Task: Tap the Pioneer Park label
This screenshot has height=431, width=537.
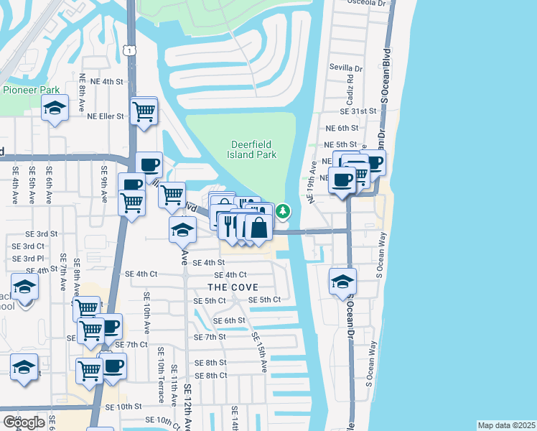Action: click(31, 90)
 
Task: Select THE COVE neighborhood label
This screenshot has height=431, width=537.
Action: click(234, 287)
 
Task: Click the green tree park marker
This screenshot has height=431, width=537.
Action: click(284, 211)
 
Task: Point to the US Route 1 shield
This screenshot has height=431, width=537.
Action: click(128, 50)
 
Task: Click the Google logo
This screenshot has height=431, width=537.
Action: click(23, 422)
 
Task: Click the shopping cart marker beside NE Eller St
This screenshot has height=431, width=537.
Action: click(144, 112)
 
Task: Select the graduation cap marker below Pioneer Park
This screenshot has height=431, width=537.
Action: click(55, 109)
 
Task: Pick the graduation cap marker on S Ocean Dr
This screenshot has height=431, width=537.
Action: click(342, 281)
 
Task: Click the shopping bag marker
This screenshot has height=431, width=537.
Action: click(258, 228)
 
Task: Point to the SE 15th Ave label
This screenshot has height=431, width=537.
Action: click(259, 352)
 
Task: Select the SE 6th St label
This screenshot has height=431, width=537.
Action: click(230, 320)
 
